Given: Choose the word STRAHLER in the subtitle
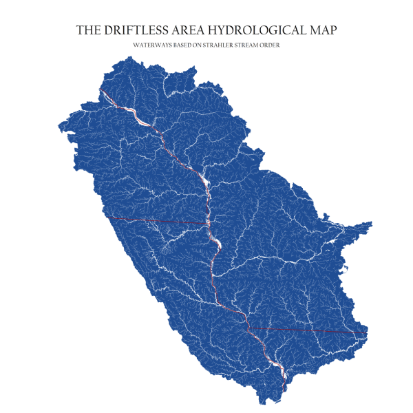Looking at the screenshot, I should point(233,45).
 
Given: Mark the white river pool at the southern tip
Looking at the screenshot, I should point(281,372).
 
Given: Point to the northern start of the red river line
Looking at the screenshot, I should point(100,90).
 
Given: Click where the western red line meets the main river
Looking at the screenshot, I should point(207,224).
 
